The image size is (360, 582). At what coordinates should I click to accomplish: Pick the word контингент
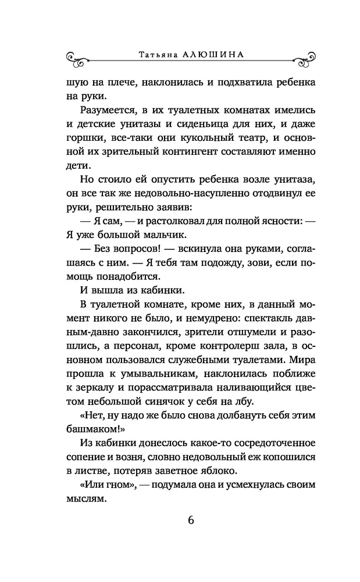click(x=177, y=154)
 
